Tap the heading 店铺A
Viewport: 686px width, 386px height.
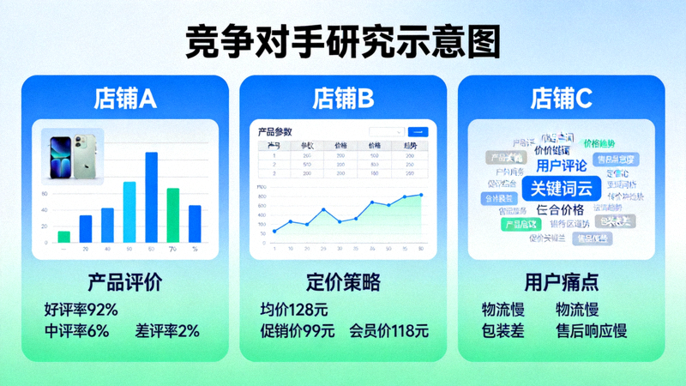point(124,100)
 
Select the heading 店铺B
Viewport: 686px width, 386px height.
point(343,100)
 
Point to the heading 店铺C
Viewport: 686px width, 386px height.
point(562,100)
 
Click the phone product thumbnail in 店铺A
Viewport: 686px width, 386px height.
point(72,157)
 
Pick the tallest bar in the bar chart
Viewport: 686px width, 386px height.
point(151,197)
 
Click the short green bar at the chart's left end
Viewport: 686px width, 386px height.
point(64,236)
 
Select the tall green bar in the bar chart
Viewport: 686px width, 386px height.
point(172,214)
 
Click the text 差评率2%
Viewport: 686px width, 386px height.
point(167,330)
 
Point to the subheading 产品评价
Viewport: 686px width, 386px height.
point(124,282)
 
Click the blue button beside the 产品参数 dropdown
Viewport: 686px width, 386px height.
point(418,132)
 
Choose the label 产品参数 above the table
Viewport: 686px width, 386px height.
point(275,132)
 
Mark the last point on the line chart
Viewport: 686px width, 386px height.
point(420,195)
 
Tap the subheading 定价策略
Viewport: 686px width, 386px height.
point(343,282)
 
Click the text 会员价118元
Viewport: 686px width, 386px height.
point(388,330)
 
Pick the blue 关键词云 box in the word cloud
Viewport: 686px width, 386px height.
point(562,188)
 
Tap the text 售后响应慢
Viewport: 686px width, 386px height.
point(592,330)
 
